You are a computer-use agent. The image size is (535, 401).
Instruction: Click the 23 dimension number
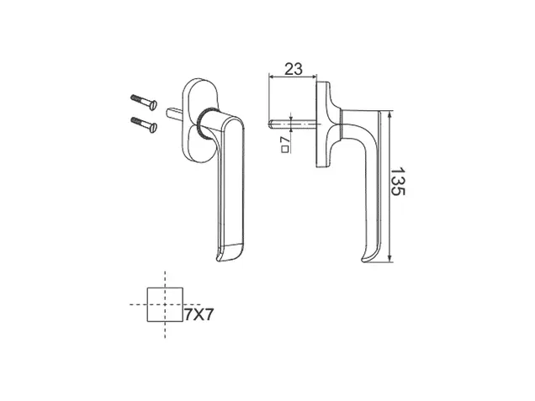294,69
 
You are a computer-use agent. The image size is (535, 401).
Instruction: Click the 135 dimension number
398,182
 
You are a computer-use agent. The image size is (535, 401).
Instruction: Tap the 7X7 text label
199,314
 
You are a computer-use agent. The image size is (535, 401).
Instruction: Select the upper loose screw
144,102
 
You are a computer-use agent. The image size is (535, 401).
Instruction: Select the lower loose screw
144,124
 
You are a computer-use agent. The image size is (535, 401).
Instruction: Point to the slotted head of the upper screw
154,105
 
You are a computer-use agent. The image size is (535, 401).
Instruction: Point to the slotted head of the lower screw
154,128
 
